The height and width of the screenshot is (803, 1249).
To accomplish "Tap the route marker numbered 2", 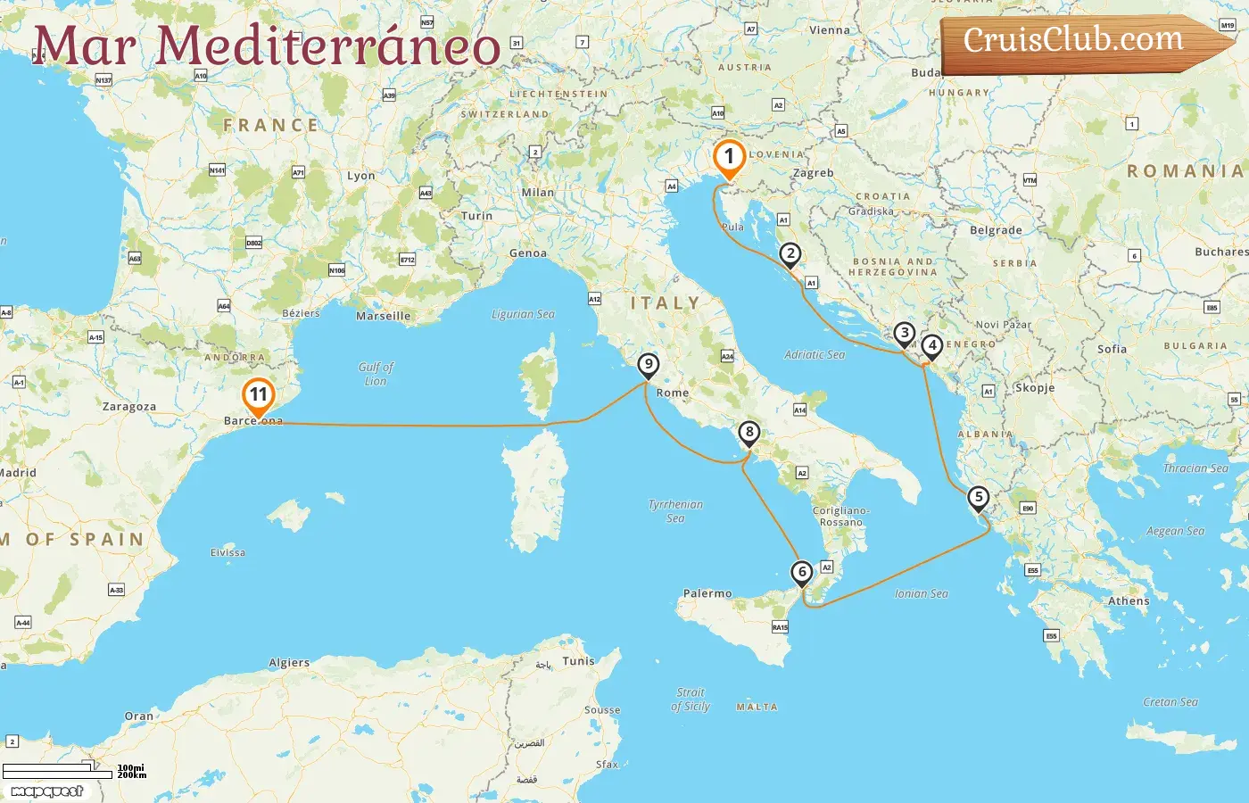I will tap(790, 254).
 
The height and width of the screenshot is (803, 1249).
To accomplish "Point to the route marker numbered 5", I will tap(979, 498).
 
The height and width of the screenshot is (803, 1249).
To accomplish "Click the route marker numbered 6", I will tap(802, 573).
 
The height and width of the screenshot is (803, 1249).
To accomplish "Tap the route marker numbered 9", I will tap(649, 365).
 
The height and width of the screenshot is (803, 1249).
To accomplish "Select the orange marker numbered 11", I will tap(259, 395).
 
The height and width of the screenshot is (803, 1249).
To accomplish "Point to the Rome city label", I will tap(673, 393).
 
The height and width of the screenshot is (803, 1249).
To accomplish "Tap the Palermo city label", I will tap(707, 593).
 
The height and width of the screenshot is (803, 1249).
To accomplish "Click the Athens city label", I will tap(1129, 601).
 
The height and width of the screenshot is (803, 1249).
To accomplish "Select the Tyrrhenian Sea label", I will tap(675, 510).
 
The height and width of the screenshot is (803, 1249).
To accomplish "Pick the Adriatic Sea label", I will tap(815, 354).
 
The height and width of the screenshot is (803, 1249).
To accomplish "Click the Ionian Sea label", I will tap(922, 593).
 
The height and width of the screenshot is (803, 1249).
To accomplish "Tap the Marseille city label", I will tap(384, 316).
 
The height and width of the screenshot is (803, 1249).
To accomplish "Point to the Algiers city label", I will tap(289, 663).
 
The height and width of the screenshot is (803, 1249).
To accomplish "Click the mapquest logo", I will tap(47, 791).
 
